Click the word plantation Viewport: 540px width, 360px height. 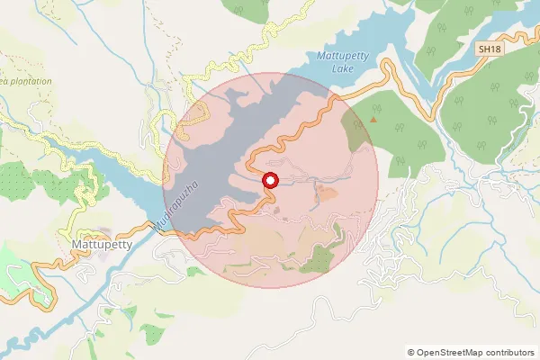click(26, 81)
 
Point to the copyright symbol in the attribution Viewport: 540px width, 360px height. click(411, 353)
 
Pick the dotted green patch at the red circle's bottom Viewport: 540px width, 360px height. click(317, 262)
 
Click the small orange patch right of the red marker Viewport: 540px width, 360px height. click(326, 191)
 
